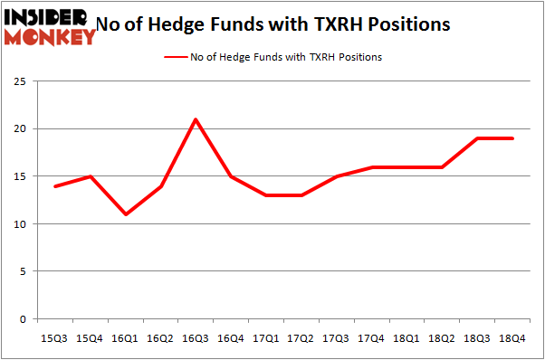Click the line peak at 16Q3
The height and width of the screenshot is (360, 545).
196,119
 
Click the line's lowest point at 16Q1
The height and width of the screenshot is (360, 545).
126,214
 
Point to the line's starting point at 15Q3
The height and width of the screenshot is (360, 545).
56,186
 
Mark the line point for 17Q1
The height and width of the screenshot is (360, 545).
265,195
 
